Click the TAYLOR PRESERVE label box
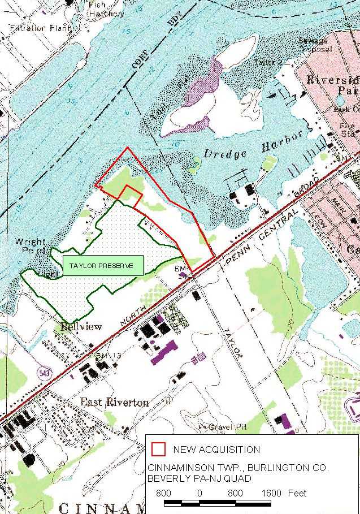(x=103, y=265)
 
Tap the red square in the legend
(x=159, y=450)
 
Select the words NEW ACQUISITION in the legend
(x=216, y=450)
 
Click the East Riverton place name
(x=114, y=402)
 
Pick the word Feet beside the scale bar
(x=297, y=494)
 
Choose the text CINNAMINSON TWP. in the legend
(x=185, y=468)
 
